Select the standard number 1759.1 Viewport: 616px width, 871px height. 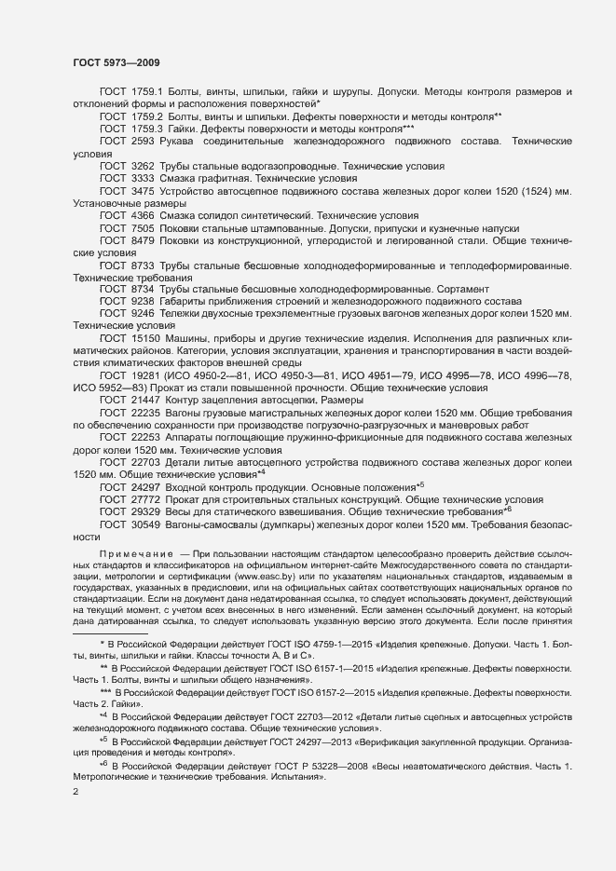click(x=149, y=92)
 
